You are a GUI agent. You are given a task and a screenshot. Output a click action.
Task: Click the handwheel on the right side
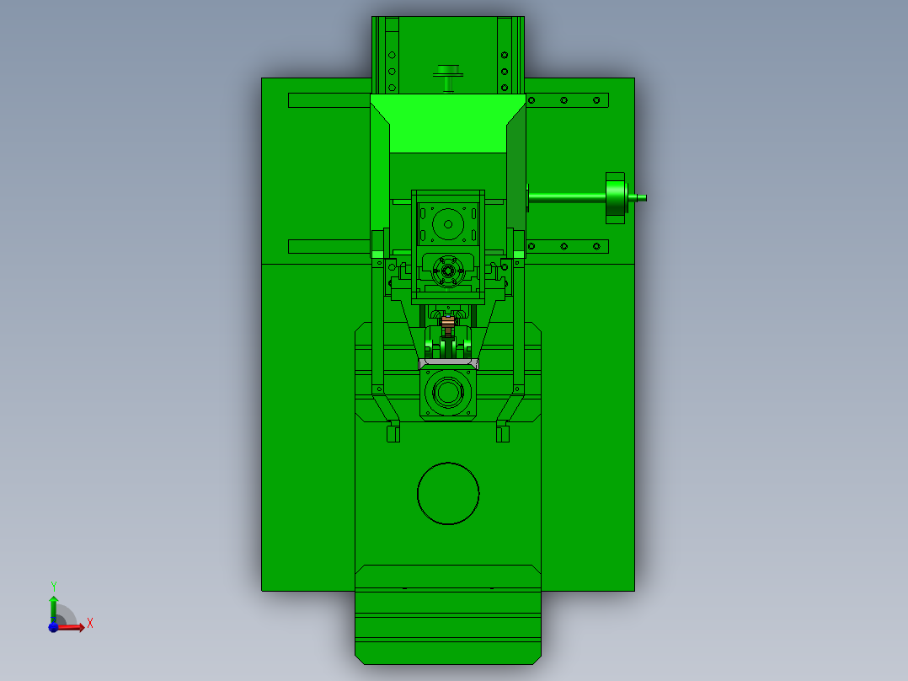click(x=616, y=197)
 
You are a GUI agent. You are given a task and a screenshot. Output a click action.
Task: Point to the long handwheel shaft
click(x=567, y=197)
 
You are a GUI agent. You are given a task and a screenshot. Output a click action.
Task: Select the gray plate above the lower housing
click(x=449, y=363)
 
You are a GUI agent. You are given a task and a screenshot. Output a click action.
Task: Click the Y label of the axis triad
click(x=54, y=586)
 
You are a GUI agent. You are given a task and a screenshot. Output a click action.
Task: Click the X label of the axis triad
click(x=90, y=624)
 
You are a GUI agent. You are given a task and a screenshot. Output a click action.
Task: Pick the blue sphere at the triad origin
click(x=53, y=626)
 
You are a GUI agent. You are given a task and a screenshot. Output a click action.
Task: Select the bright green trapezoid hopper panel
click(x=448, y=124)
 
